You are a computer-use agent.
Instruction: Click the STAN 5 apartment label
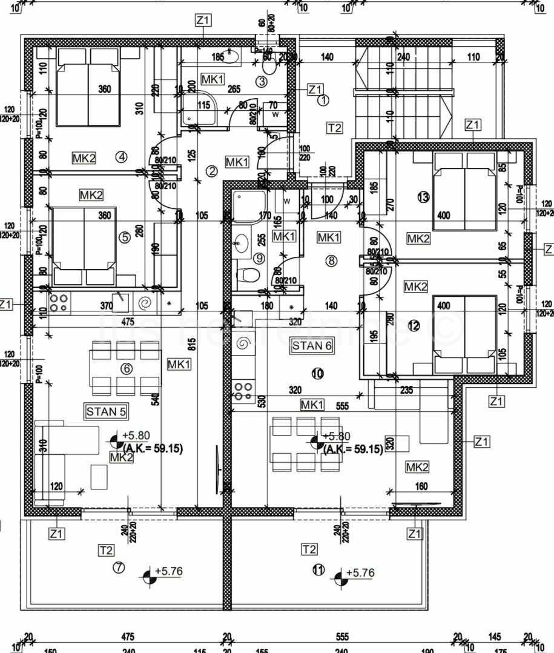106,412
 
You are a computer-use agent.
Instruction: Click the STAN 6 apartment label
312,346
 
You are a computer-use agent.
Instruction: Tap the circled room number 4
122,157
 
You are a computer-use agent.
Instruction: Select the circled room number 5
125,237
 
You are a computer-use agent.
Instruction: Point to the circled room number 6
127,369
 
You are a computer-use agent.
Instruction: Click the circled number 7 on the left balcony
119,568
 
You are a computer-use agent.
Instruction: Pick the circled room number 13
423,197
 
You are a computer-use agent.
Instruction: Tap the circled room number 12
414,326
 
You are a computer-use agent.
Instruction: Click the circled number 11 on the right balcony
318,569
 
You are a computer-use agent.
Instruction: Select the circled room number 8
331,261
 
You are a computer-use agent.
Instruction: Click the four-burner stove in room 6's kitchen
58,302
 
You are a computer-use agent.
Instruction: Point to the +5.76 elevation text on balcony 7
168,571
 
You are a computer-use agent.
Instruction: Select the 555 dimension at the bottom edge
342,637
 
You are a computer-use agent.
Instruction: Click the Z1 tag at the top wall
203,20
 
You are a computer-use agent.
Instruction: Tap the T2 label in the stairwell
334,128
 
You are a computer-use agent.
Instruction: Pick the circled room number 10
317,374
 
